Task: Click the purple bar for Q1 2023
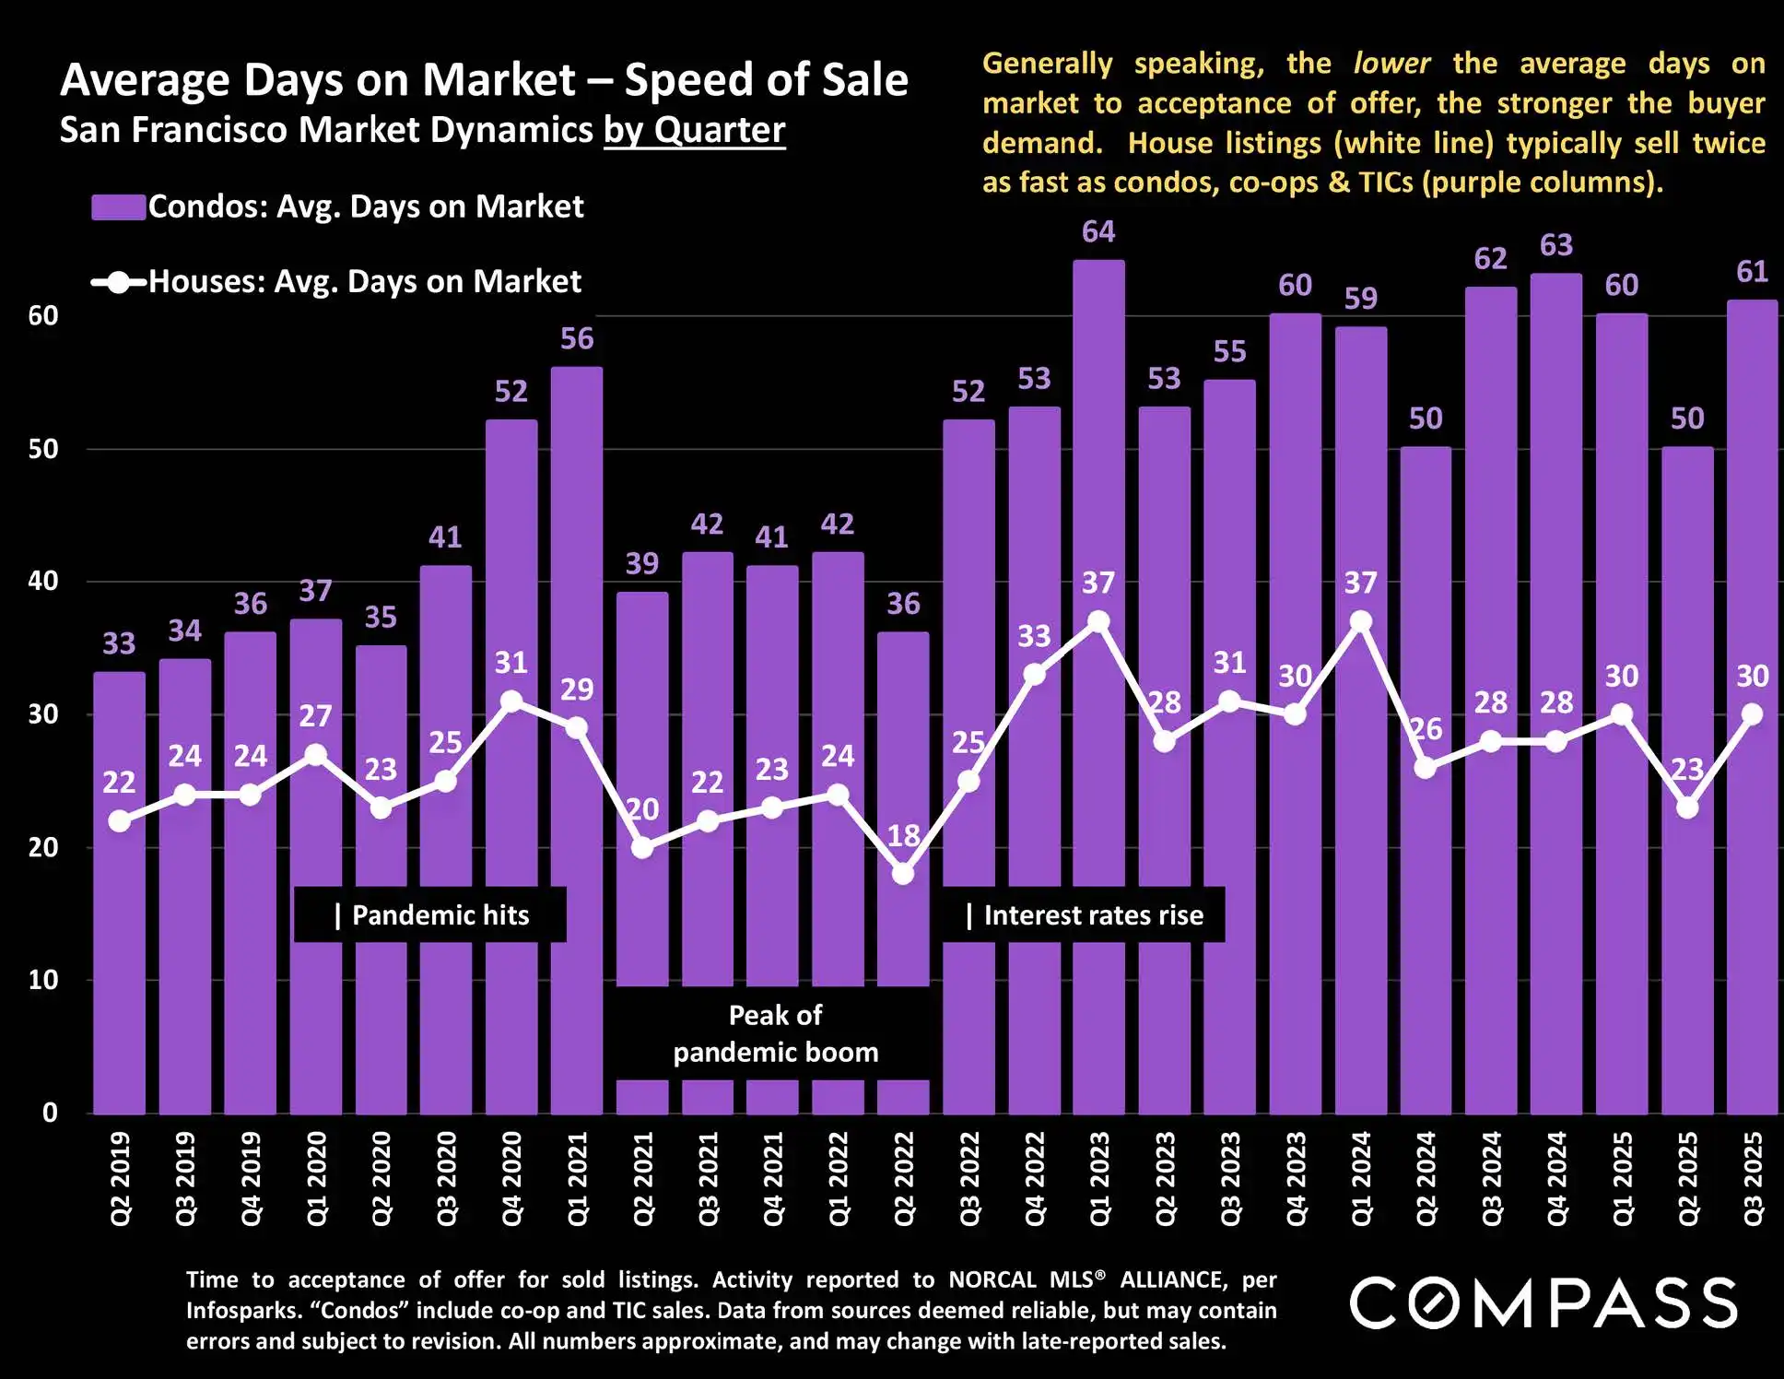click(1098, 737)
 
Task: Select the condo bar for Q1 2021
click(577, 830)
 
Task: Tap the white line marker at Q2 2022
click(903, 873)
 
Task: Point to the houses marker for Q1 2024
click(1360, 622)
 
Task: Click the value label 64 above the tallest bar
click(1098, 231)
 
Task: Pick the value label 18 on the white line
click(903, 836)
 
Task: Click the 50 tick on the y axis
click(42, 449)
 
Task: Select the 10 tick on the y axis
click(42, 980)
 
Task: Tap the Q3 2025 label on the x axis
click(1753, 1179)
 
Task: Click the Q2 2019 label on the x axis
click(120, 1179)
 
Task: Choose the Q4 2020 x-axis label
click(511, 1179)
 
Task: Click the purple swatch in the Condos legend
click(118, 206)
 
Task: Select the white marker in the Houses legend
click(119, 282)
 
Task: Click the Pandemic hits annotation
click(430, 914)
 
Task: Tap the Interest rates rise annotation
click(1084, 914)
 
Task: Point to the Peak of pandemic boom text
click(775, 1033)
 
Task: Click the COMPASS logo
click(1543, 1302)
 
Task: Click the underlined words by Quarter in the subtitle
click(694, 130)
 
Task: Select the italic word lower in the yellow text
click(1391, 63)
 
